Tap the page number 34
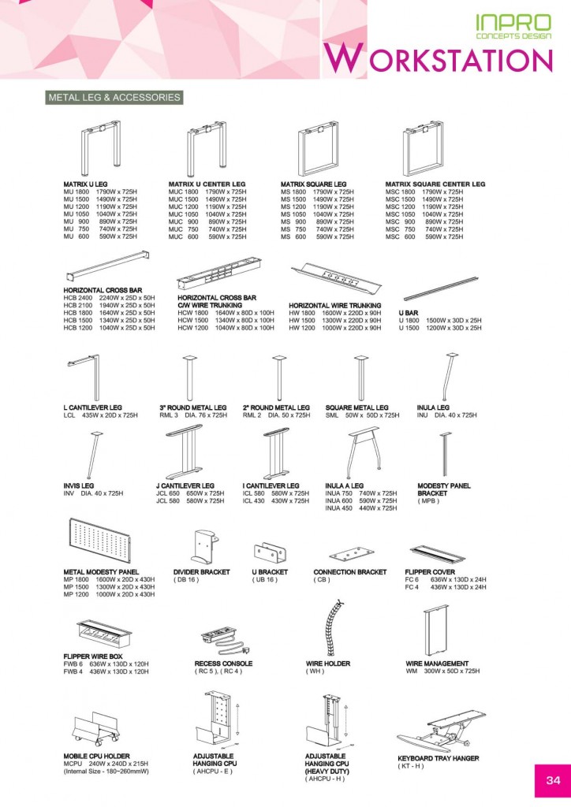[553, 780]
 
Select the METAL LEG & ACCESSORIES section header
[114, 97]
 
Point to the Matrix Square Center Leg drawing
[424, 150]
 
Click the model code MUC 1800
[183, 192]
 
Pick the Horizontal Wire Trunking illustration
[336, 280]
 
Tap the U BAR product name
[409, 313]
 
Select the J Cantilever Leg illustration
[185, 452]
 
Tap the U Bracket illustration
[271, 553]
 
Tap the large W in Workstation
[343, 58]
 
